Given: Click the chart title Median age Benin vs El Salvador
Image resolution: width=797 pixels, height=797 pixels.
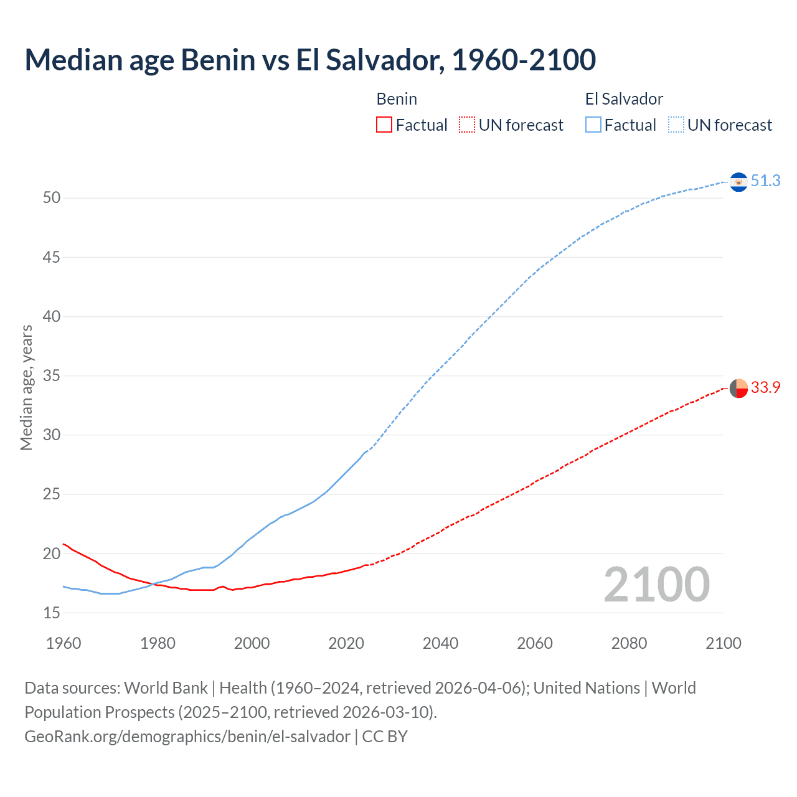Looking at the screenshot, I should pyautogui.click(x=310, y=60).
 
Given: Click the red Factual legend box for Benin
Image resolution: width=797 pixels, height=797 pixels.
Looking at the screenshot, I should pyautogui.click(x=384, y=125).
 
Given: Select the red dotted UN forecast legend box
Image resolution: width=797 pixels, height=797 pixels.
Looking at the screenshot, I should pyautogui.click(x=467, y=125).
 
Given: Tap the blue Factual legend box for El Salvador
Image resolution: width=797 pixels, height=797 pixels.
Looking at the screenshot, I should pyautogui.click(x=593, y=125).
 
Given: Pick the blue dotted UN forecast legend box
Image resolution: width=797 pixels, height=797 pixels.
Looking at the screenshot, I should pyautogui.click(x=676, y=125).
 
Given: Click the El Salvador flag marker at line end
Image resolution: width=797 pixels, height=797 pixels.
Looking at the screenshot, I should pyautogui.click(x=738, y=182).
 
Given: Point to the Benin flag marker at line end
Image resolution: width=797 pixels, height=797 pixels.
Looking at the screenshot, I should pyautogui.click(x=738, y=388).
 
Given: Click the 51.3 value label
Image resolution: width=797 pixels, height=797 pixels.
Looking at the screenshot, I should pyautogui.click(x=765, y=181).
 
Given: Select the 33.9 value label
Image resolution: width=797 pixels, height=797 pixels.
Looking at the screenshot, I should pyautogui.click(x=765, y=387).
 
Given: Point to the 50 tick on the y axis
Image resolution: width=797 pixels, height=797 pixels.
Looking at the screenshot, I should pyautogui.click(x=52, y=198).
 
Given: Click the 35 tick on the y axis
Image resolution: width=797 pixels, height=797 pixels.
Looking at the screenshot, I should pyautogui.click(x=52, y=376).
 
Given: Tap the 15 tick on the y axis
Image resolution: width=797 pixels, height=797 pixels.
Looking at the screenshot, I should pyautogui.click(x=52, y=613).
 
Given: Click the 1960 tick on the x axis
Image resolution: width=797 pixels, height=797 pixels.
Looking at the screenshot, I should pyautogui.click(x=64, y=643).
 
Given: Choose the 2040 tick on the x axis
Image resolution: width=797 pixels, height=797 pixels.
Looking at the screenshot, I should pyautogui.click(x=441, y=643).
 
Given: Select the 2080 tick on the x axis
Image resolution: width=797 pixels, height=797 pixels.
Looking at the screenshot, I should pyautogui.click(x=629, y=643).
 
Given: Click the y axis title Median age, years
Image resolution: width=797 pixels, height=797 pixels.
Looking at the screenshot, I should pyautogui.click(x=26, y=387).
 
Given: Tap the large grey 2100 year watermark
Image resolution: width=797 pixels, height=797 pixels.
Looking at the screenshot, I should pyautogui.click(x=656, y=584).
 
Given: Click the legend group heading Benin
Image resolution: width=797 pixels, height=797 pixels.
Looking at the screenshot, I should pyautogui.click(x=397, y=99).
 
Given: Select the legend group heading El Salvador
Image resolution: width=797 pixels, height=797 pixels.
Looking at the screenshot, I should pyautogui.click(x=624, y=99).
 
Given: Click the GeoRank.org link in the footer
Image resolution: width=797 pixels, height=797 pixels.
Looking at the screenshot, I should pyautogui.click(x=187, y=737).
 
